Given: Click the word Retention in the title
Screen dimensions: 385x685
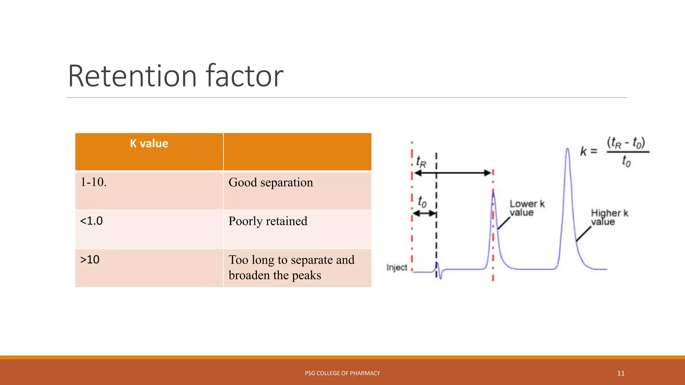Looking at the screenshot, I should (x=132, y=76).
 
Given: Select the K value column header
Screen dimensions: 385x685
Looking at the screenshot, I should (x=149, y=144).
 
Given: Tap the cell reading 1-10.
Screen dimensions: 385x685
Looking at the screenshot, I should (x=94, y=182).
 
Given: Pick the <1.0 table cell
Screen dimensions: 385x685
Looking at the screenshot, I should (x=92, y=221).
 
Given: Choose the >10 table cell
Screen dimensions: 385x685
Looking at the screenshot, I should (x=90, y=260).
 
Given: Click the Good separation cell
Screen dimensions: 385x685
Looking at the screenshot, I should (x=271, y=182).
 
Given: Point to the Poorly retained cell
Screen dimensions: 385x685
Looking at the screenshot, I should (x=268, y=221).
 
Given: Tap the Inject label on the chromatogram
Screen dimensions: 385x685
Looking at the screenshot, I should (x=397, y=267).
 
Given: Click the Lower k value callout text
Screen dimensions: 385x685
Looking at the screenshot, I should (x=526, y=208).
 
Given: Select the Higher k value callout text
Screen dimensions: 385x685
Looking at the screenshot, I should (x=609, y=217).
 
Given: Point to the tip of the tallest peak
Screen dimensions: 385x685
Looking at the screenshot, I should (x=567, y=149).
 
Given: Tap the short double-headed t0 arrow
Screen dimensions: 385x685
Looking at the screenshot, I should (x=424, y=213).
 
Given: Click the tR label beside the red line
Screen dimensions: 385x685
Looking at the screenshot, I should (x=421, y=162).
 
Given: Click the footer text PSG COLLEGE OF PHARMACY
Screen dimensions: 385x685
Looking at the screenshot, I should (x=342, y=373).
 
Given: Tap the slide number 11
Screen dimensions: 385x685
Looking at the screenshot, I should (x=621, y=373).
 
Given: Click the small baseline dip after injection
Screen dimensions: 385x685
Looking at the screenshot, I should (x=440, y=276).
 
